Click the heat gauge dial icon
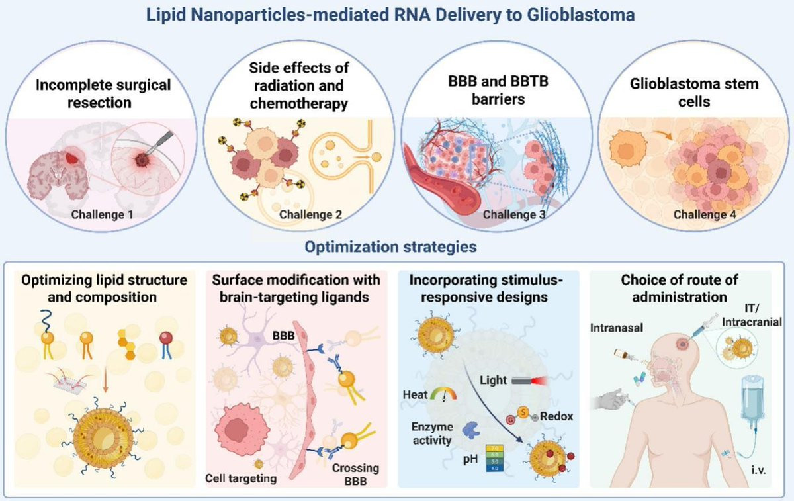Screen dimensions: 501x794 443,394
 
